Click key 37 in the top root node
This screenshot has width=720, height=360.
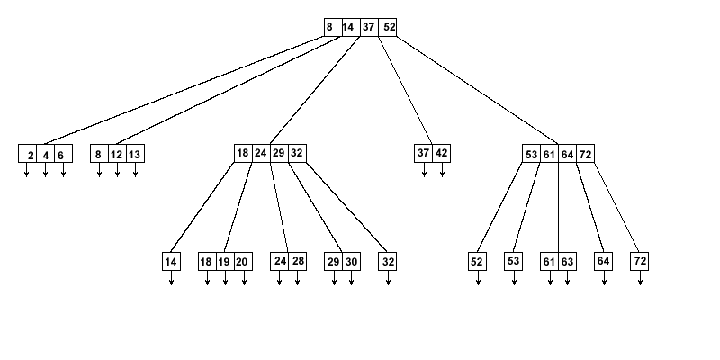tap(369, 27)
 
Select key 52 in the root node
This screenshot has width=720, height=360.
tap(388, 27)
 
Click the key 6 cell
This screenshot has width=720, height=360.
tap(62, 154)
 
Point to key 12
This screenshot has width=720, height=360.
tap(117, 154)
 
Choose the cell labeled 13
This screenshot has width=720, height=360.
tap(135, 154)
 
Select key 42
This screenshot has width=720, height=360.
tap(442, 153)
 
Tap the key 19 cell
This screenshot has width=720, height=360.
tap(225, 262)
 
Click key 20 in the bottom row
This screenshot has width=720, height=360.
tap(243, 262)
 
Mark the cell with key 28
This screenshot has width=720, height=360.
tap(298, 262)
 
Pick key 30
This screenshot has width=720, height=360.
tap(351, 262)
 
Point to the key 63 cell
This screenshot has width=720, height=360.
tap(568, 262)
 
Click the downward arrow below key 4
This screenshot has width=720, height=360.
tap(45, 170)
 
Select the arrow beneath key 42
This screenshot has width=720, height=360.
tap(442, 170)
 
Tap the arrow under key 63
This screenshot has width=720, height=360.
tap(568, 278)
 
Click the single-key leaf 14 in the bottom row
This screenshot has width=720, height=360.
tap(171, 262)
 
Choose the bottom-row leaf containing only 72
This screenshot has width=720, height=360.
tap(640, 262)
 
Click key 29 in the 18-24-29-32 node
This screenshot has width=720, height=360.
tap(279, 153)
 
